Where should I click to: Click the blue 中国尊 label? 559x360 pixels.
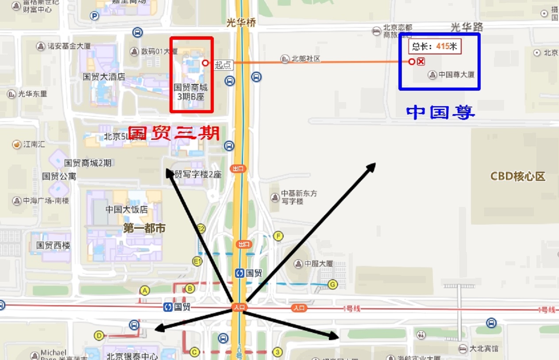point(440,112)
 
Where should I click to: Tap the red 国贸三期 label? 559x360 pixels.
point(174,133)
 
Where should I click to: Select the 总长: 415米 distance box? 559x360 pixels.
point(435,46)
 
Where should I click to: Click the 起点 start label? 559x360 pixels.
point(223,65)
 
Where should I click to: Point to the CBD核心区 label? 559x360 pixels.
point(517,176)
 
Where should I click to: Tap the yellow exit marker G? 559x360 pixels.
point(332,284)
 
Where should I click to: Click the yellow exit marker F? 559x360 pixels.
point(278,236)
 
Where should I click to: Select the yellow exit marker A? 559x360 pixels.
point(144,290)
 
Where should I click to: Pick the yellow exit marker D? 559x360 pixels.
point(99,336)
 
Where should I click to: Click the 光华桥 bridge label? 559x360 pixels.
point(241,23)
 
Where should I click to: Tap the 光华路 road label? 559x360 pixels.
point(467,27)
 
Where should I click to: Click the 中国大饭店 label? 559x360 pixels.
point(127,209)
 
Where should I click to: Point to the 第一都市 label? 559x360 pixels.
point(144,228)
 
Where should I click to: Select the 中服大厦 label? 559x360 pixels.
point(318,264)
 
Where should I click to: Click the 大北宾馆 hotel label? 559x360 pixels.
point(484,348)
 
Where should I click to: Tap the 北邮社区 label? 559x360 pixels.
point(305,59)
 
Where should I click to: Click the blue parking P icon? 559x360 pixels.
point(94,16)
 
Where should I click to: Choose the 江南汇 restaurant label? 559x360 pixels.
point(34,144)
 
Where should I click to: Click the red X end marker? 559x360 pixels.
point(421,61)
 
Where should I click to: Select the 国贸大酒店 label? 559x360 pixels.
point(104,77)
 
